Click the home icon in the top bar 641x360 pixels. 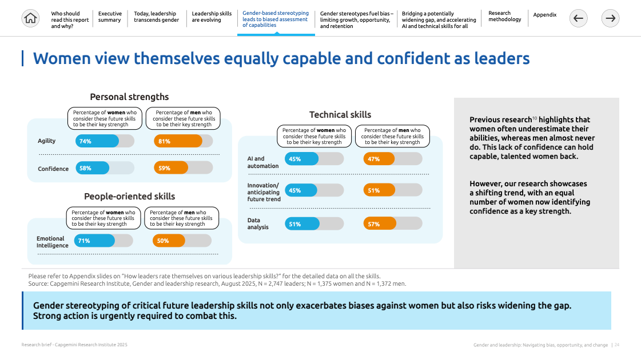click(x=30, y=18)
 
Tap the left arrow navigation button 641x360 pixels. click(x=578, y=18)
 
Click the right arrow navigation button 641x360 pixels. click(x=611, y=18)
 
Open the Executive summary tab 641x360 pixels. click(x=110, y=17)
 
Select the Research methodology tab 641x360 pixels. click(x=505, y=17)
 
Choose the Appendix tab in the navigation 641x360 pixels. click(x=545, y=15)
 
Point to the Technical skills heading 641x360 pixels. click(x=340, y=115)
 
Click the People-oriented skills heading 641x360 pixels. click(x=130, y=197)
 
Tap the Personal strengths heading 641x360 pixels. click(x=129, y=97)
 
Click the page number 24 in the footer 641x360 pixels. click(x=617, y=345)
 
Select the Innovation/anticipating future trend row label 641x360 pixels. click(x=264, y=192)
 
